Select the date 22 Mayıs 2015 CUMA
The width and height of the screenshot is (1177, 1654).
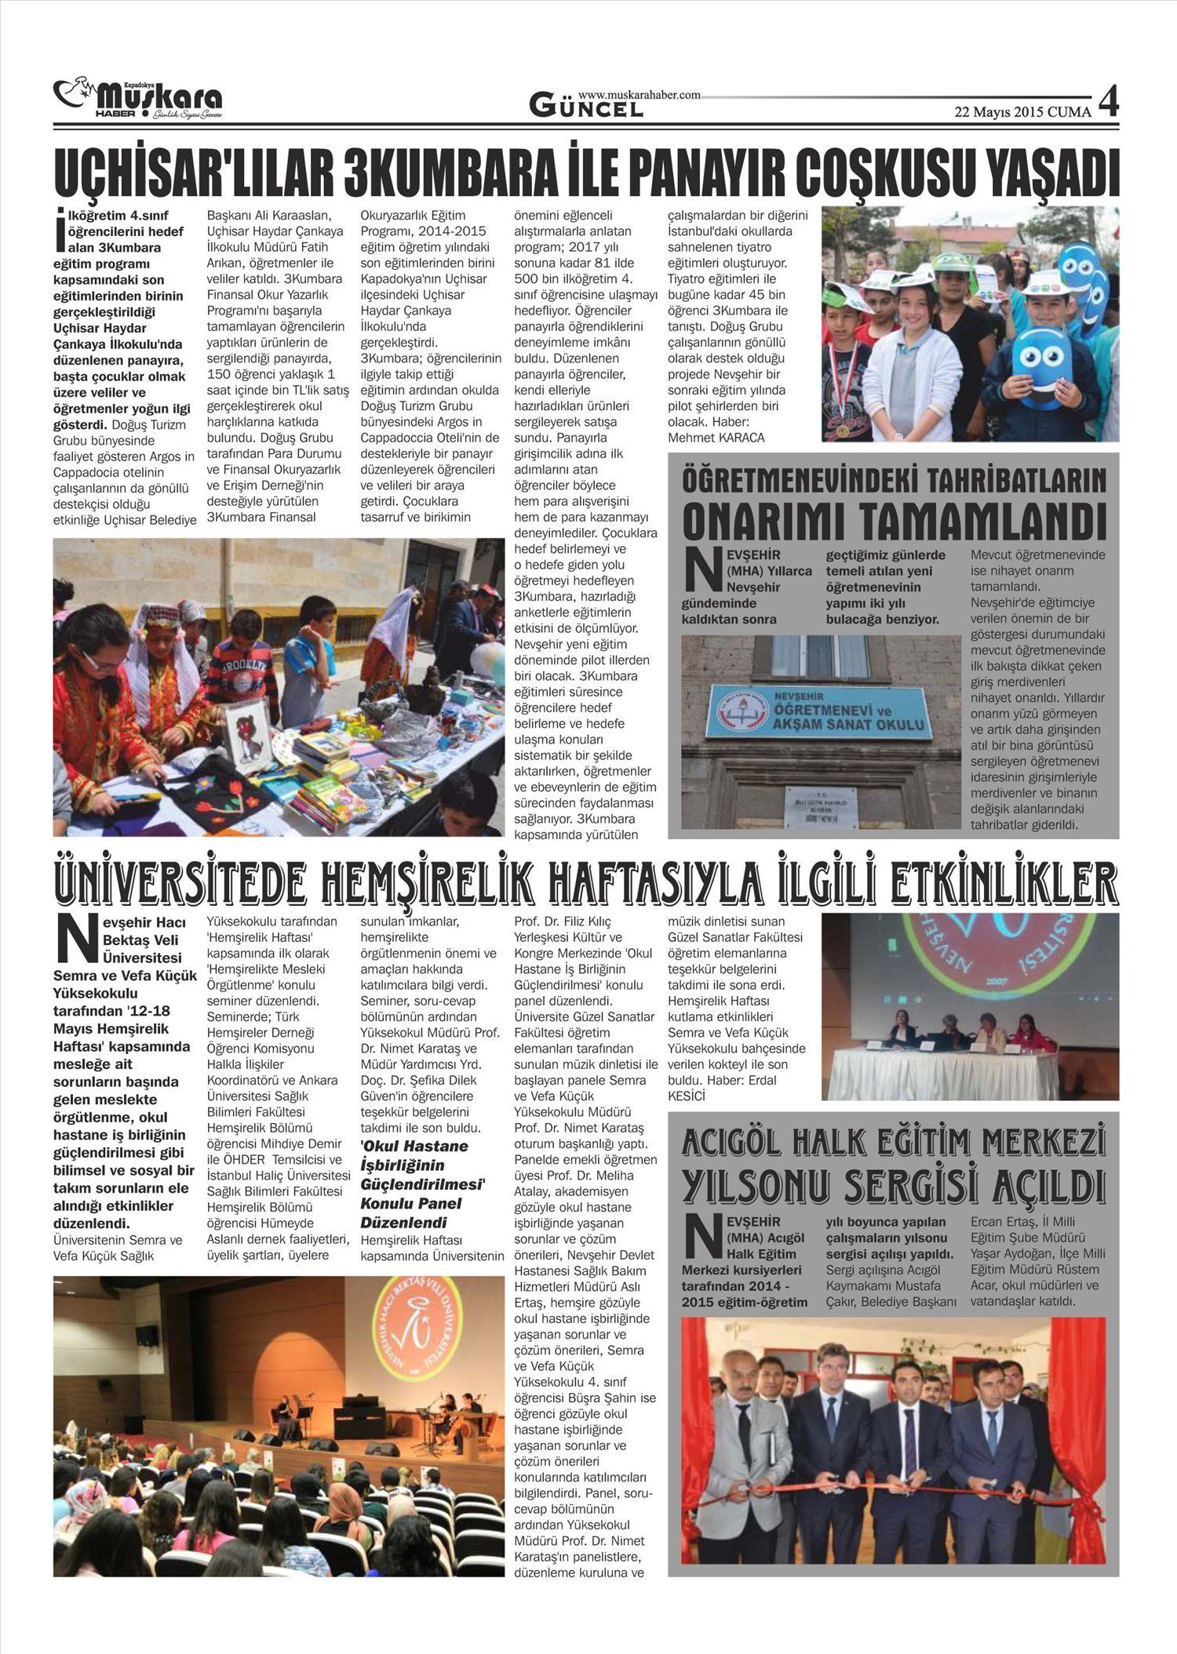coord(1022,112)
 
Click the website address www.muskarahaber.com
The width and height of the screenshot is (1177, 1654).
coord(639,94)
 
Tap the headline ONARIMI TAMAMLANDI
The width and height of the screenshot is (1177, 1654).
coord(894,518)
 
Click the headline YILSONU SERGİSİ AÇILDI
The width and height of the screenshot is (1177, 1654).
coord(894,1187)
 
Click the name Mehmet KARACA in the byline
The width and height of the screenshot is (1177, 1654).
coord(716,438)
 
